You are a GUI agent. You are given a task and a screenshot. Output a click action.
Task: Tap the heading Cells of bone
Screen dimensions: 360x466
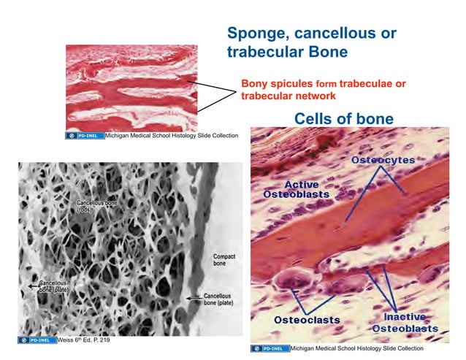click(x=343, y=118)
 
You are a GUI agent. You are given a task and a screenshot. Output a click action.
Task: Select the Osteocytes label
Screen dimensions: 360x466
click(x=383, y=159)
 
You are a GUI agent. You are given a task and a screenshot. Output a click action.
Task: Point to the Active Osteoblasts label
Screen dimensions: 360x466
click(x=297, y=190)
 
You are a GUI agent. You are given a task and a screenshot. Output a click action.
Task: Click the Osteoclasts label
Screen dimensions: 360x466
click(x=307, y=320)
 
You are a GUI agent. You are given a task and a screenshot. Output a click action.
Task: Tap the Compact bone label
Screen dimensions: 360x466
click(x=224, y=261)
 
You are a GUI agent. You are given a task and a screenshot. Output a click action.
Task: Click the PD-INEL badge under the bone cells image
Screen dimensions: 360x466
click(x=270, y=348)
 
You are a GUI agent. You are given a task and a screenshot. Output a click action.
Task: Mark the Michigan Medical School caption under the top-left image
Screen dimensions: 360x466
click(x=171, y=136)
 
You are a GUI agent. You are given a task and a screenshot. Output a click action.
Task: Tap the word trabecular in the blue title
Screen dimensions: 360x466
click(x=261, y=52)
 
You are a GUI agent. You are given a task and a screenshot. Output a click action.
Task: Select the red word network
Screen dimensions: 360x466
click(x=315, y=96)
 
